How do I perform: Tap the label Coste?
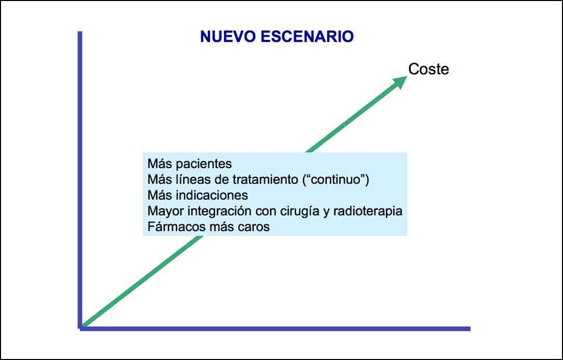(x=428, y=69)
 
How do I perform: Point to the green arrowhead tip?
(x=407, y=77)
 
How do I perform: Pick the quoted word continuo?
(x=336, y=179)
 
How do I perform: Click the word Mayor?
(x=166, y=211)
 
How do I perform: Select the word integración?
(x=220, y=211)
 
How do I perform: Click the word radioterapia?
(x=368, y=211)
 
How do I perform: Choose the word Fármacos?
(x=172, y=227)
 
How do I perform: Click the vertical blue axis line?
(x=80, y=179)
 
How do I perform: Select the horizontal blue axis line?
(x=275, y=328)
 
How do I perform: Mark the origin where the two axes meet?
(x=80, y=328)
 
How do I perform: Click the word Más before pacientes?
(x=161, y=164)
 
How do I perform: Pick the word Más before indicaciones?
(x=161, y=195)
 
